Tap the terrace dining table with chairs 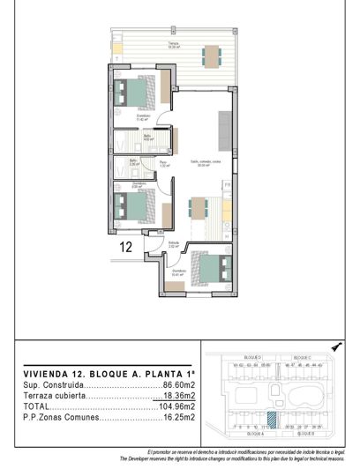211,56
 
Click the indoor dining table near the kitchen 199,211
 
